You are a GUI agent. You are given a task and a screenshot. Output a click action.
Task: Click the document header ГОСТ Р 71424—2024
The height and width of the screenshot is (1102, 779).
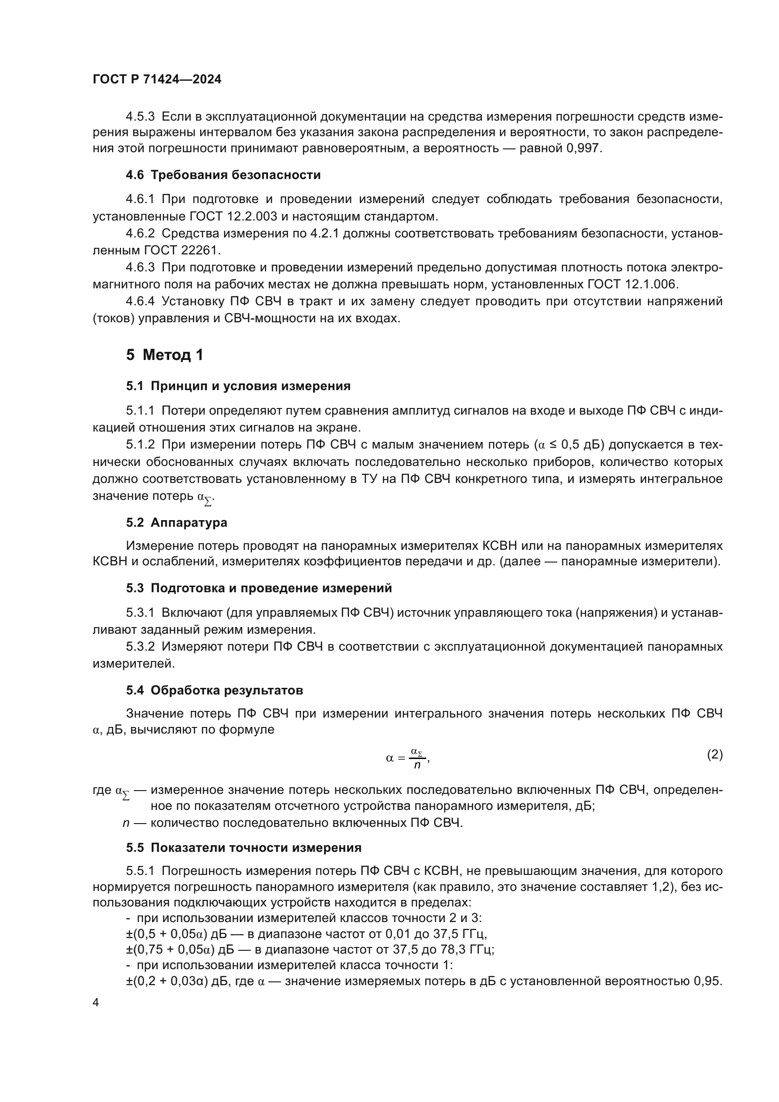pyautogui.click(x=157, y=80)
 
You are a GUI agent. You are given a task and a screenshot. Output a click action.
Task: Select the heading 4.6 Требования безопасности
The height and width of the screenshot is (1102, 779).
pyautogui.click(x=223, y=175)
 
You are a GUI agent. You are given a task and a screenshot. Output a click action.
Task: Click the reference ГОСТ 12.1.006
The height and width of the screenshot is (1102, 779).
pyautogui.click(x=633, y=285)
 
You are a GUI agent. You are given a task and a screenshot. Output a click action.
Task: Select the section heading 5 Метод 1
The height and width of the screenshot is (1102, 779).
pyautogui.click(x=164, y=355)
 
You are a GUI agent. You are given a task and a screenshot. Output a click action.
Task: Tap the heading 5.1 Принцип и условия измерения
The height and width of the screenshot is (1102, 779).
pyautogui.click(x=238, y=386)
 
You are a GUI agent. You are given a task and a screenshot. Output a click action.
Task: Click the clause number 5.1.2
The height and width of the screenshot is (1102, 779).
pyautogui.click(x=140, y=445)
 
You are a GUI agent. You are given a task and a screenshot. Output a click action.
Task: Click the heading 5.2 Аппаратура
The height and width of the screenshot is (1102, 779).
pyautogui.click(x=177, y=522)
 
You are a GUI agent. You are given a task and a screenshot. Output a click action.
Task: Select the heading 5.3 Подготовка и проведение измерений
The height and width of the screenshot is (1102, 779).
pyautogui.click(x=259, y=588)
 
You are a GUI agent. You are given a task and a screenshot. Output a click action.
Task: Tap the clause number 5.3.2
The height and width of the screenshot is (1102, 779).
pyautogui.click(x=140, y=647)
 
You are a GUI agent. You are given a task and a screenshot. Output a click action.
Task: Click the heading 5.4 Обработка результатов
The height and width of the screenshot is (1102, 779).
pyautogui.click(x=214, y=691)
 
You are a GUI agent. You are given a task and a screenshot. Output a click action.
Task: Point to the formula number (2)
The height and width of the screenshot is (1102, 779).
pyautogui.click(x=714, y=755)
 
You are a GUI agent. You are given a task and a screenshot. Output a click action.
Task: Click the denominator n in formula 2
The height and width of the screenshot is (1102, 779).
pyautogui.click(x=417, y=766)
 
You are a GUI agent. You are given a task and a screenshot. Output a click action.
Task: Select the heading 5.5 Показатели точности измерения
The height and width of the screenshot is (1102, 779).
pyautogui.click(x=243, y=848)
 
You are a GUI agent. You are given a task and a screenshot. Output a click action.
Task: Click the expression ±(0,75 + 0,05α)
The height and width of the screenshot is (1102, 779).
pyautogui.click(x=170, y=950)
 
